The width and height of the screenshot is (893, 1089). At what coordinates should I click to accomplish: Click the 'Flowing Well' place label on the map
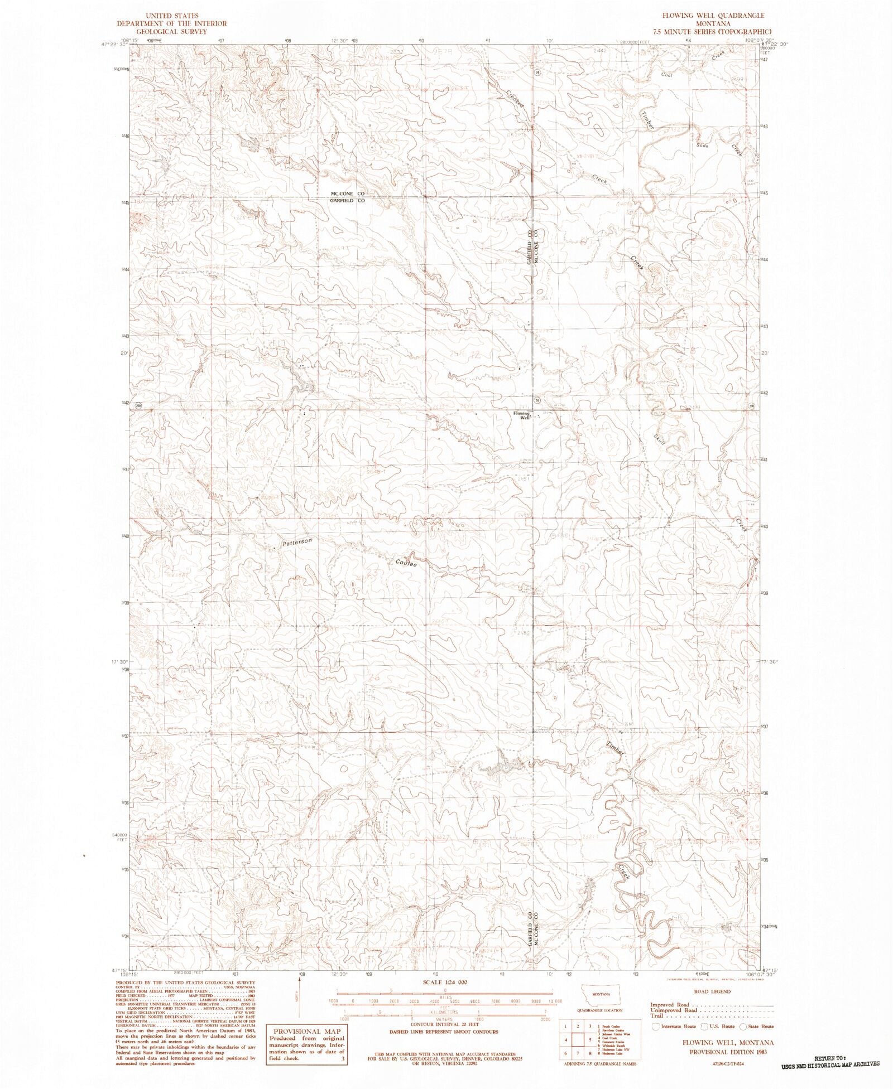521,415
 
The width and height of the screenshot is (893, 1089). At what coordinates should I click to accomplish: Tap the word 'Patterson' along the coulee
296,542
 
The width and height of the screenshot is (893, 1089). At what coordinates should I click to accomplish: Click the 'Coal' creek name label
665,75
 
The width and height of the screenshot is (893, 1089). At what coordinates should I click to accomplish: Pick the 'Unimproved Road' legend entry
674,1010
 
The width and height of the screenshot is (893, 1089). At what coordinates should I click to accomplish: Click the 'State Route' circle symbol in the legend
743,1026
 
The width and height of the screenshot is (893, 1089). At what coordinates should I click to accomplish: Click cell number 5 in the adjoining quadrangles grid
590,1039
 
